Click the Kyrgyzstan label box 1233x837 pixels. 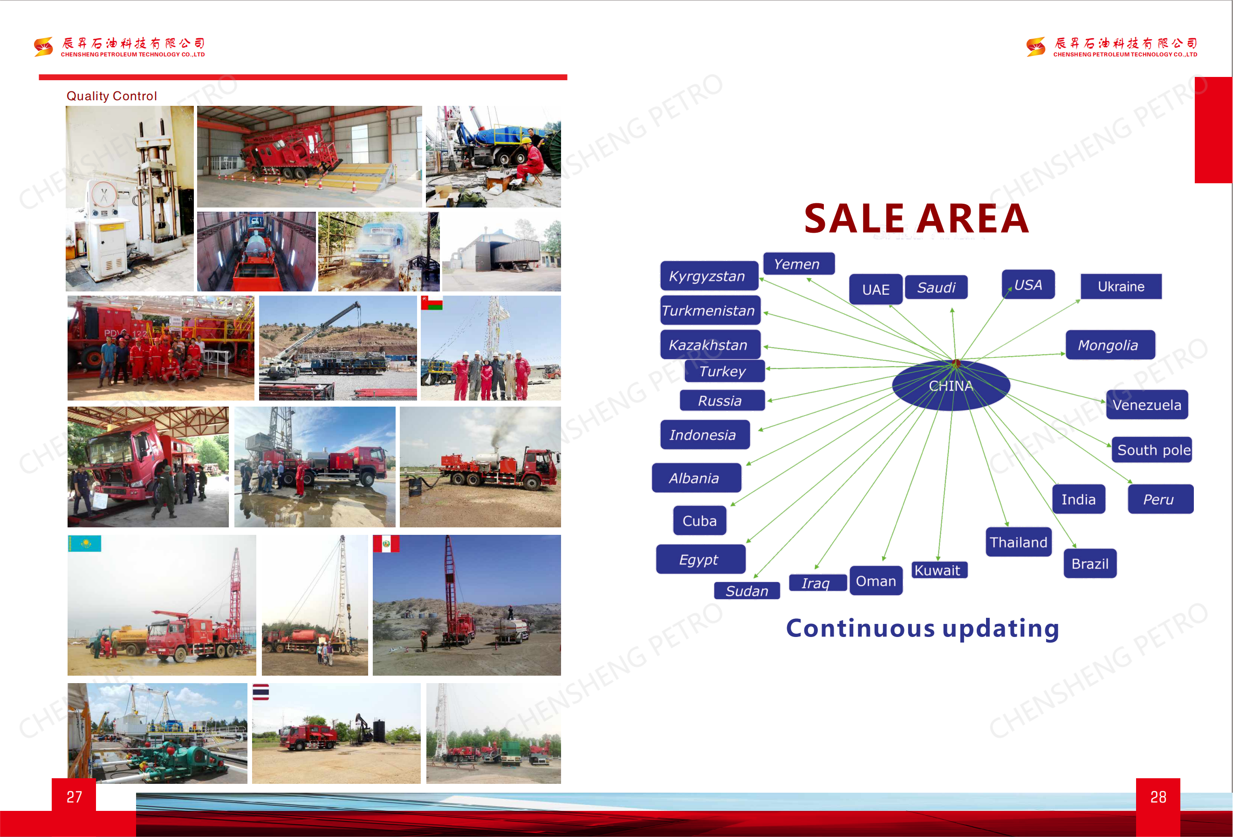(x=709, y=276)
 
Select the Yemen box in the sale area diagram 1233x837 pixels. (x=799, y=264)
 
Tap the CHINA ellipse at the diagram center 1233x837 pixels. (x=951, y=385)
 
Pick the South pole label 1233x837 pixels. (x=1152, y=450)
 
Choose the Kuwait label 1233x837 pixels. (x=939, y=570)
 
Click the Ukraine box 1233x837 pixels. (x=1121, y=287)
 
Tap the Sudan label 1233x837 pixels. (x=747, y=591)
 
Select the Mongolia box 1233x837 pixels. (x=1110, y=345)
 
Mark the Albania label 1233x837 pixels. (x=696, y=477)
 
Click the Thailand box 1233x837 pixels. (x=1018, y=542)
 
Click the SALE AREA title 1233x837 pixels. (x=916, y=218)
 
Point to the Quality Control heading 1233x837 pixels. (x=111, y=96)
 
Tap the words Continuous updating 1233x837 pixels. (x=922, y=629)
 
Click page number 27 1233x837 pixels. (x=74, y=796)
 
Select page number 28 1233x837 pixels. (x=1158, y=796)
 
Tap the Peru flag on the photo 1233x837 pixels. (x=386, y=544)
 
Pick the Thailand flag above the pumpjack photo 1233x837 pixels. (x=260, y=692)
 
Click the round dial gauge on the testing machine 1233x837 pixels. (x=104, y=194)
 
